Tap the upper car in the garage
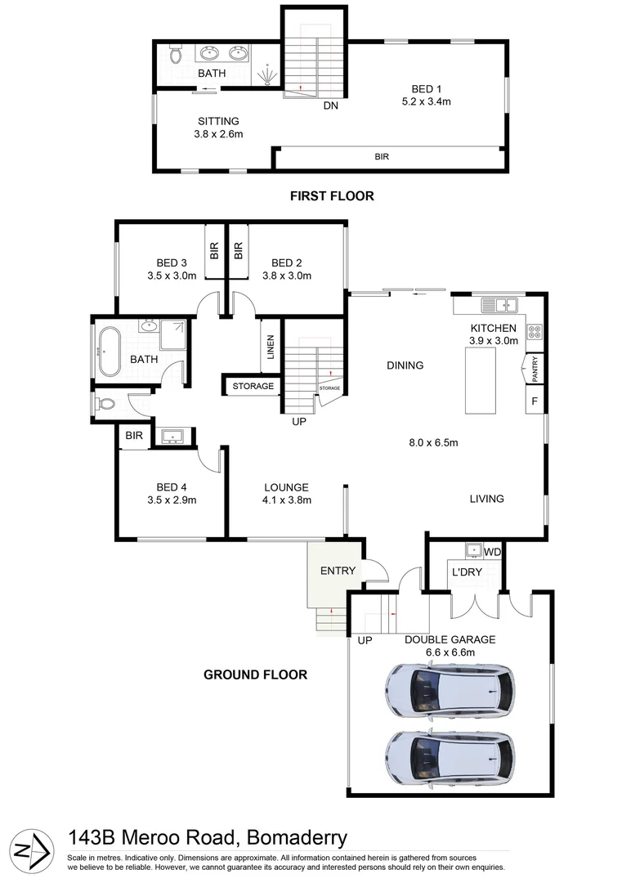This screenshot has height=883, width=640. [450, 690]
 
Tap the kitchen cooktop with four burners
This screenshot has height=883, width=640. [536, 332]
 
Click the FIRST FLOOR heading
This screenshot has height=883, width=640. [332, 196]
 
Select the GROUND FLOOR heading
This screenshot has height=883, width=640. [255, 675]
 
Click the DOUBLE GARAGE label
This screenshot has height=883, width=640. [450, 639]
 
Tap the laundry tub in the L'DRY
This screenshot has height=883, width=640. [472, 550]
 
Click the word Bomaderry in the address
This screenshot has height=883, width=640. [293, 838]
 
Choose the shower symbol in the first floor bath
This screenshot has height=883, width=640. [267, 76]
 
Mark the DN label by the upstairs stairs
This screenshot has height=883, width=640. [330, 105]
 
